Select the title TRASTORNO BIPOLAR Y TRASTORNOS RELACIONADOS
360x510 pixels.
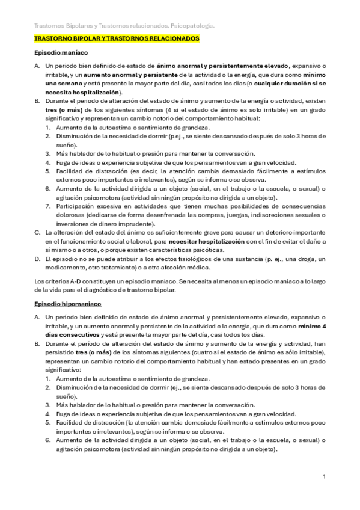tap(117, 38)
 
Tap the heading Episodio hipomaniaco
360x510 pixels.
tap(67, 305)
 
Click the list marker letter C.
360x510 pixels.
tap(37, 232)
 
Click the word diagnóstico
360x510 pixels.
tap(117, 290)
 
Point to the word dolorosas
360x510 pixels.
tap(71, 215)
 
